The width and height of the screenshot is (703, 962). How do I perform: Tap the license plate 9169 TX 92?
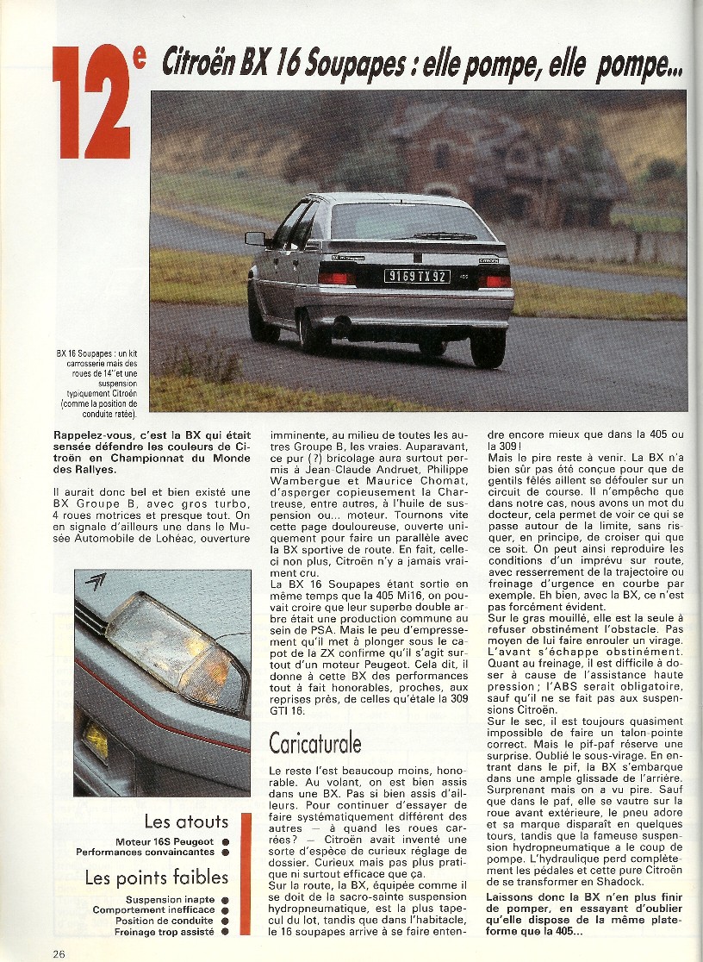416,277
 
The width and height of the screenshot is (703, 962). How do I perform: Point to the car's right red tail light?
495,281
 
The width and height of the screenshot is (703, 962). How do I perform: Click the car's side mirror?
254,238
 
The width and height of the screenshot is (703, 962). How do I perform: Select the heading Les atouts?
186,821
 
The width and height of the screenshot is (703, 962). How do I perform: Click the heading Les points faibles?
157,878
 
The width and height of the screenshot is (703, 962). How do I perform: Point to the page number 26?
58,953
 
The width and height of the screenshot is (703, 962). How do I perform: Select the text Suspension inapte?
170,900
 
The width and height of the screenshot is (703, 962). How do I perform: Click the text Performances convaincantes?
143,852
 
